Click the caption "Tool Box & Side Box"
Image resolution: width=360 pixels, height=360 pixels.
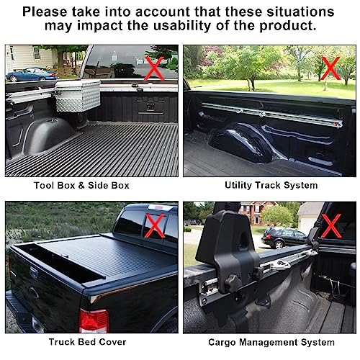point(91,185)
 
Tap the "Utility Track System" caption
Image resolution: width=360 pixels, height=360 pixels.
point(271,185)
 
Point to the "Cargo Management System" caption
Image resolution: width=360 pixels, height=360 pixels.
point(270,342)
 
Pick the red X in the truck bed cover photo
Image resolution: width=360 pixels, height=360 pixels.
point(153,225)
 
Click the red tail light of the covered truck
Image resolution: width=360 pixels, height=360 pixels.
point(94,320)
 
